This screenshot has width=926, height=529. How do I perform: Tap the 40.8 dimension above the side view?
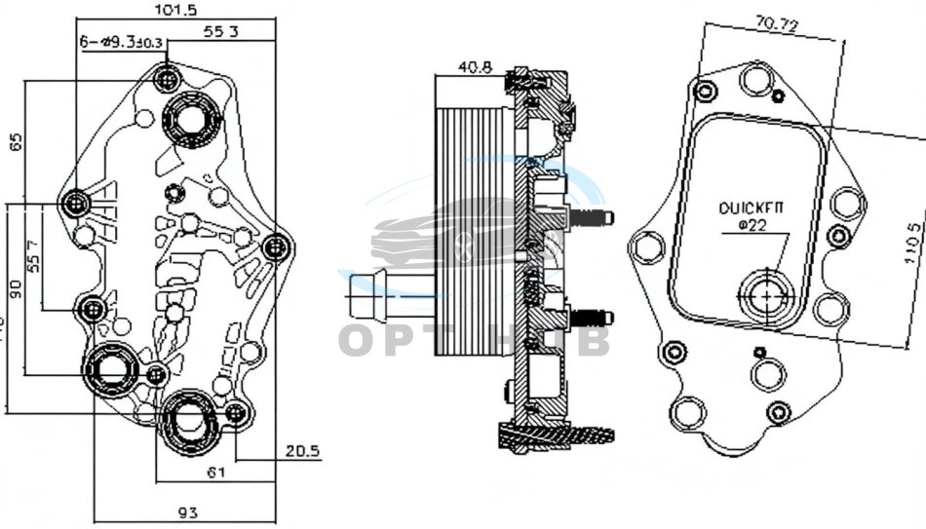pyautogui.click(x=474, y=69)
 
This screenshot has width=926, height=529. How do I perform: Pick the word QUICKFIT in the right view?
pyautogui.click(x=752, y=208)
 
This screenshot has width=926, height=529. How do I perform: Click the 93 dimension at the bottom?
pyautogui.click(x=187, y=512)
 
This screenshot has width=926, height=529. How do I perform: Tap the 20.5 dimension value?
pyautogui.click(x=303, y=451)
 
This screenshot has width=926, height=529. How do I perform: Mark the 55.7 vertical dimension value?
pyautogui.click(x=33, y=256)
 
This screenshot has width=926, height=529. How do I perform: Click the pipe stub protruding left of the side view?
pyautogui.click(x=375, y=295)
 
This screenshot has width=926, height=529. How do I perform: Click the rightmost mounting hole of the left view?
pyautogui.click(x=276, y=246)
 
